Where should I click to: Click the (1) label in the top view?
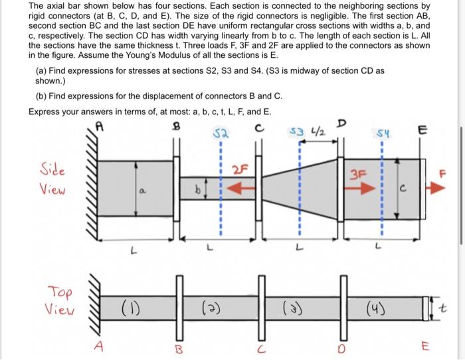coord(130,307)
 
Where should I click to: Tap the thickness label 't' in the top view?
coord(449,307)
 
